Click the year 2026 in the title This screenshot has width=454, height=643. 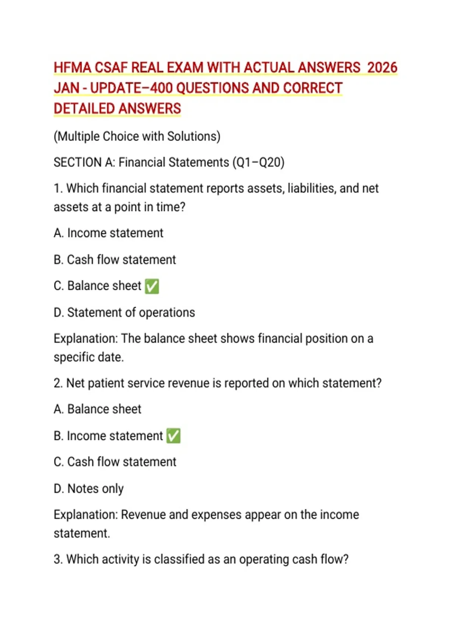(x=382, y=68)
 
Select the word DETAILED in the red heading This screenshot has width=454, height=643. (x=84, y=109)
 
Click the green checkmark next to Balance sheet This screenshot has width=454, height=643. (x=152, y=286)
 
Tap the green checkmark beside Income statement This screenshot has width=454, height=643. (x=173, y=436)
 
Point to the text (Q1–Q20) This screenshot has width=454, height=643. (x=258, y=162)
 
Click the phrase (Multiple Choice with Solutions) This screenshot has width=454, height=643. (x=137, y=136)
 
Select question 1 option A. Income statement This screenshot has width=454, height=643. (x=109, y=233)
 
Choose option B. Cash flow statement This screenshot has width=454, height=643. (x=115, y=260)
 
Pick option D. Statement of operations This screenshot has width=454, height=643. (x=124, y=312)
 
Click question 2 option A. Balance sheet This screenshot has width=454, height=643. (x=98, y=409)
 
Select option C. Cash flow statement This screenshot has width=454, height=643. (x=115, y=462)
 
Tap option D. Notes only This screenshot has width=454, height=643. (x=89, y=489)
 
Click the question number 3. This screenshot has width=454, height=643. (x=58, y=559)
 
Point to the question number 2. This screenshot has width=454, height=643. (x=58, y=383)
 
